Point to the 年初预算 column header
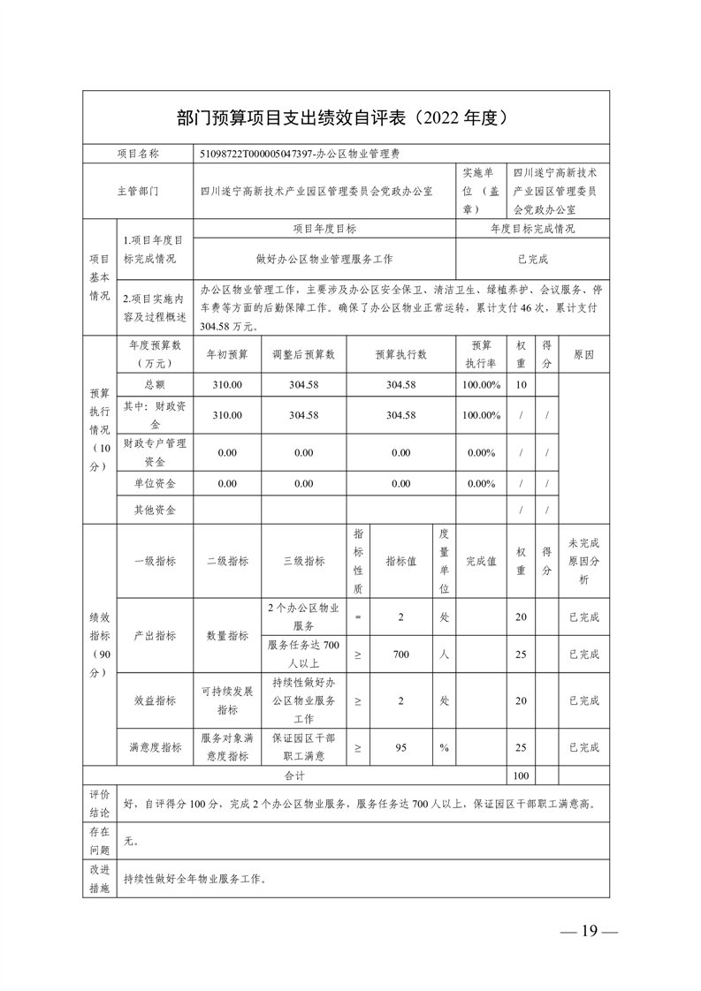[227, 353]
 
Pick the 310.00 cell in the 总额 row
[227, 385]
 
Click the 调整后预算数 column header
[303, 353]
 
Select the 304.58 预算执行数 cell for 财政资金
[400, 415]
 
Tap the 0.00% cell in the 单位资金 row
[481, 483]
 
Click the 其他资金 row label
[155, 510]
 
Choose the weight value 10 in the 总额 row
[521, 385]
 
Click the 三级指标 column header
[303, 561]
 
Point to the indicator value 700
[400, 654]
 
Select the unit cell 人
[445, 654]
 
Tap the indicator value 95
[400, 746]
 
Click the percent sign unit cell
[445, 746]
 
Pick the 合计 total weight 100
[521, 775]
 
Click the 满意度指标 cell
[155, 746]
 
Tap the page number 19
[590, 931]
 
